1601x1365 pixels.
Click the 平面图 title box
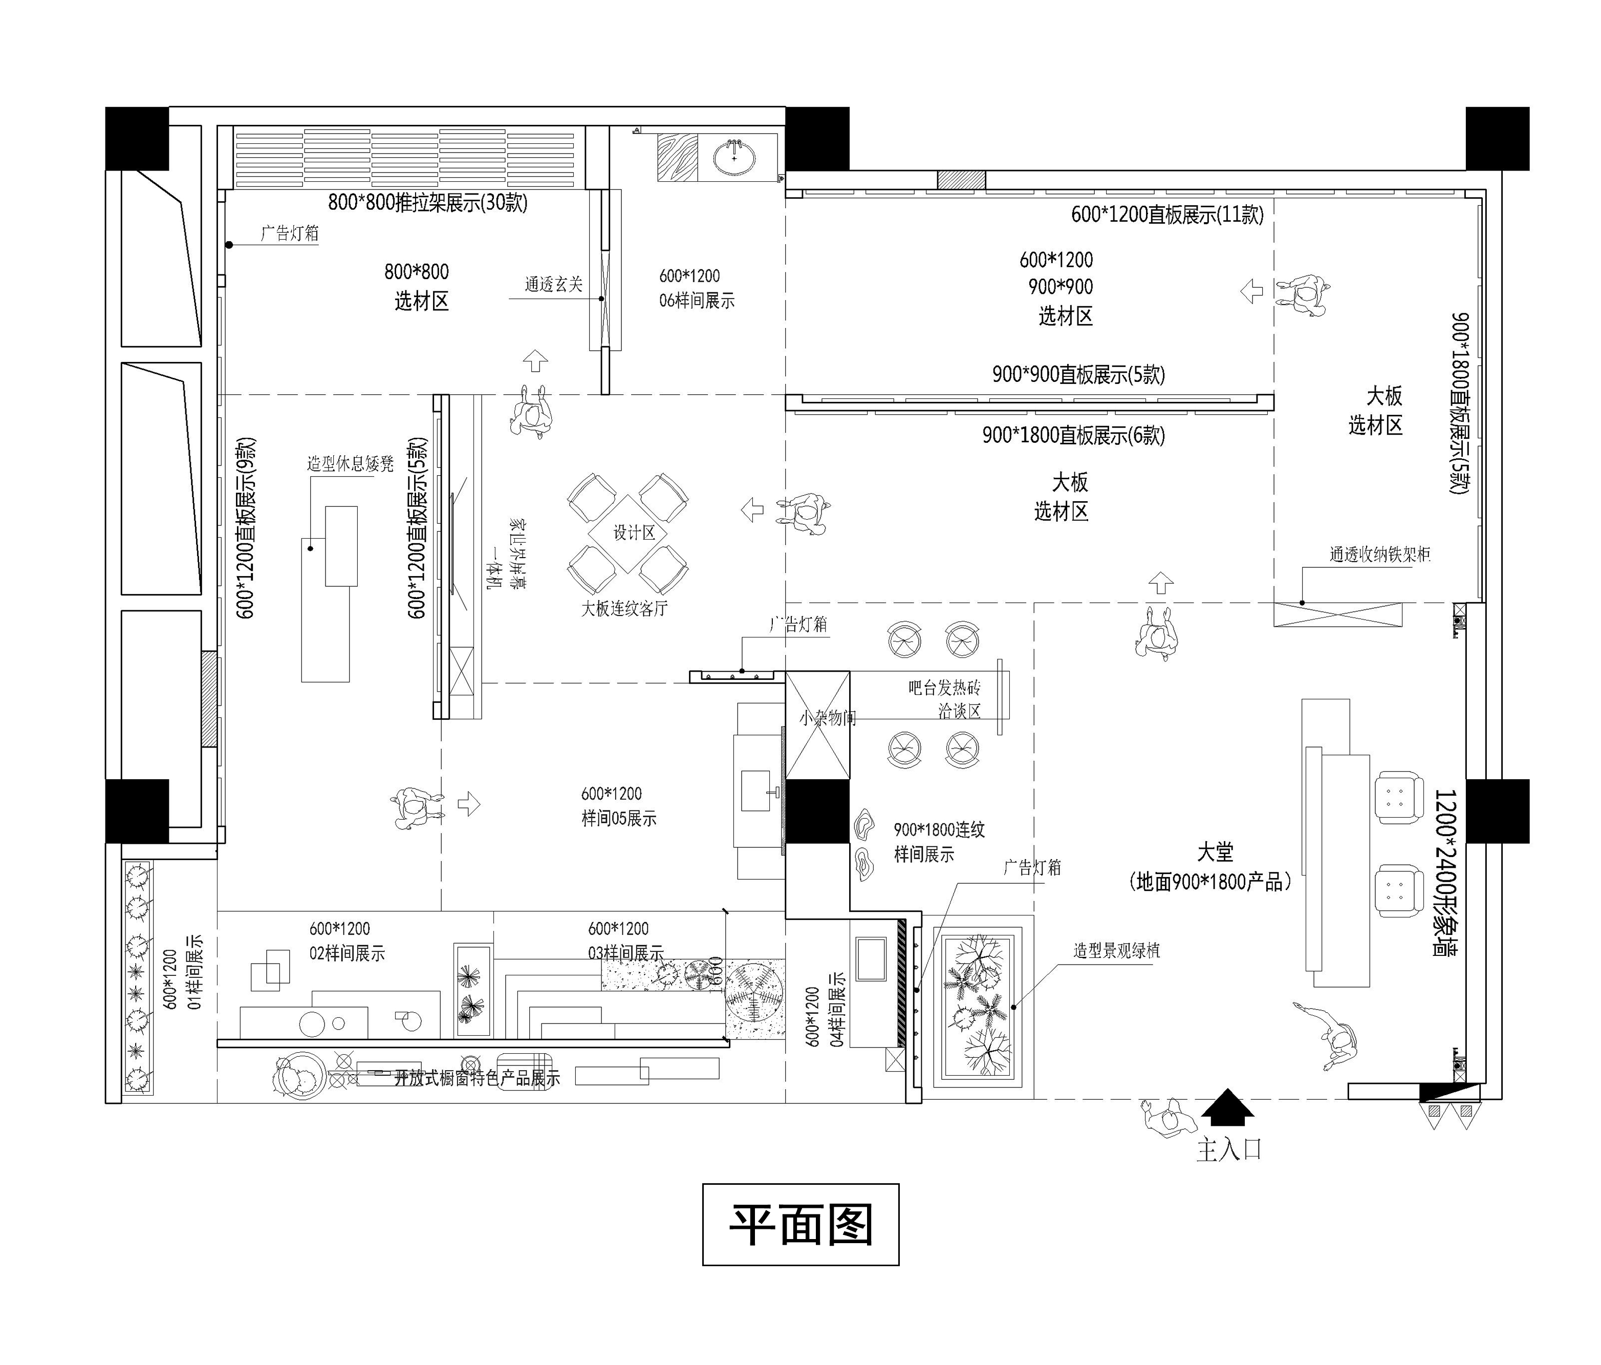pos(800,1224)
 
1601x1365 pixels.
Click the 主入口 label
pos(1228,1149)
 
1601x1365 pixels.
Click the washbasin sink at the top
pos(734,157)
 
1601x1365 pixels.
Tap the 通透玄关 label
pos(553,285)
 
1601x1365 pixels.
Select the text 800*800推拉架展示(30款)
pos(427,203)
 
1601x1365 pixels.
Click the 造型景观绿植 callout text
pos(1116,951)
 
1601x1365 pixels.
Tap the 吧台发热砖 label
pos(944,687)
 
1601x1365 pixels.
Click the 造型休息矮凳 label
pos(350,464)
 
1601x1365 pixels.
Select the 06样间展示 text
pos(696,301)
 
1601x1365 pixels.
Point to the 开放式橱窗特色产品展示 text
pos(477,1078)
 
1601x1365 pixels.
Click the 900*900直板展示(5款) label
pos(1078,375)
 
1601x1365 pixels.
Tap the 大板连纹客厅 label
pos(623,608)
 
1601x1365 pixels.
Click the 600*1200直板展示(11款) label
pos(1167,215)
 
